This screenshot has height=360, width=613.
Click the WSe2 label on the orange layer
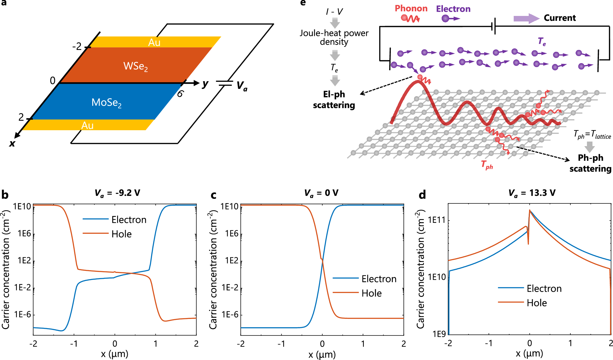click(x=135, y=66)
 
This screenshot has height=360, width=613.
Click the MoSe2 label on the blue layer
click(x=106, y=102)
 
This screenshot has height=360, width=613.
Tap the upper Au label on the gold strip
click(x=154, y=42)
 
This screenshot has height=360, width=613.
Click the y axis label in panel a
click(x=205, y=83)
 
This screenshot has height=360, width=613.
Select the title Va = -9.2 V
click(x=117, y=193)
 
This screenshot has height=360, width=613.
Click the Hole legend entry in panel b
click(x=121, y=234)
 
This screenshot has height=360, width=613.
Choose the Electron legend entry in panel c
click(x=379, y=279)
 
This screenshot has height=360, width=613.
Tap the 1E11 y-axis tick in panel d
click(x=437, y=220)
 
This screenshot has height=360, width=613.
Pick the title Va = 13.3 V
click(x=531, y=193)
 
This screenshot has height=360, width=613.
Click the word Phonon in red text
click(x=411, y=9)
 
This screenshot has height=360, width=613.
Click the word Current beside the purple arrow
click(x=560, y=18)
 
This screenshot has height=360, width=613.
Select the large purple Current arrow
click(x=526, y=18)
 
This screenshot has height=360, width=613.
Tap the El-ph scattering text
click(x=334, y=100)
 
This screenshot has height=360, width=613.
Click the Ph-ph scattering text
click(x=590, y=163)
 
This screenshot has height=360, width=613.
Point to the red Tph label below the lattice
click(x=487, y=165)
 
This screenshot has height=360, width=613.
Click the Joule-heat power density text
click(x=334, y=37)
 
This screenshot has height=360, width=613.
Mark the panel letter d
click(x=422, y=195)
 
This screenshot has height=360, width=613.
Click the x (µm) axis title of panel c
click(x=322, y=354)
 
